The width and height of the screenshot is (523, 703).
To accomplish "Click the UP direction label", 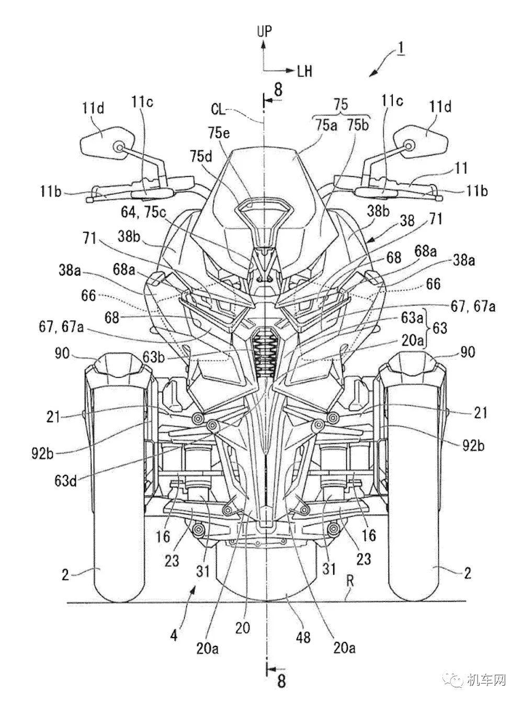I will pos(265,31).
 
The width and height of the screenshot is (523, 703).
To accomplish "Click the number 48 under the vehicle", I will pos(303,638).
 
